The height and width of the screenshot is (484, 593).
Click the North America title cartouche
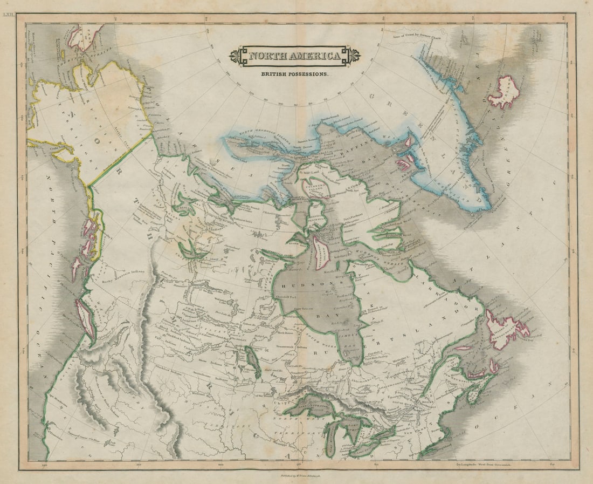tap(295, 56)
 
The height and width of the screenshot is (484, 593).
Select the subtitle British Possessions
tap(295, 73)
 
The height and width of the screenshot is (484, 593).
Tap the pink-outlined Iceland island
tap(504, 92)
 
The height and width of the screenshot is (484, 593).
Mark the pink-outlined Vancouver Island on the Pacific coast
tap(86, 318)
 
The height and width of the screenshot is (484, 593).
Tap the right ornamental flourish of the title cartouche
tap(354, 56)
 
